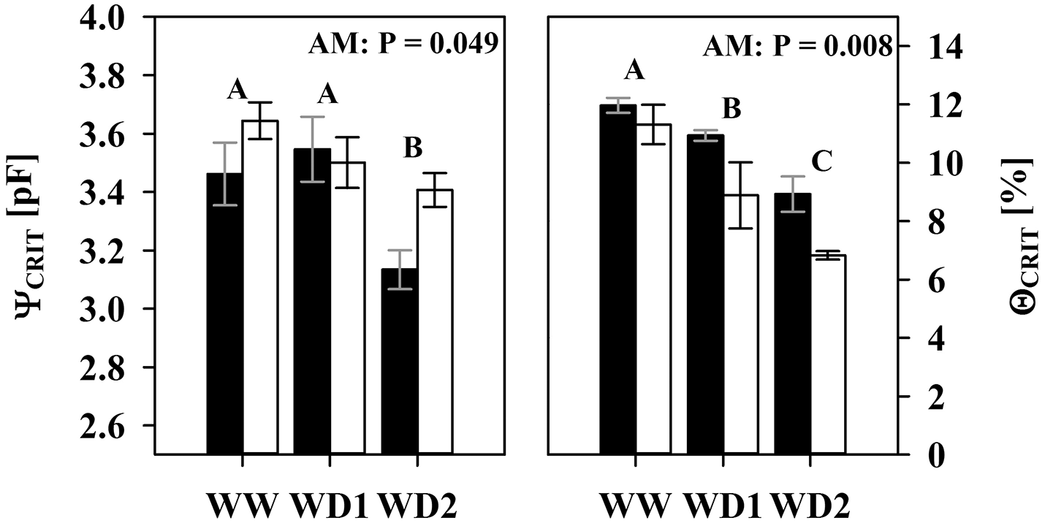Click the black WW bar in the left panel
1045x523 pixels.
click(224, 314)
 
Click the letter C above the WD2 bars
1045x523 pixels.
click(822, 161)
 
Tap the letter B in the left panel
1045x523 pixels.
click(413, 148)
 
